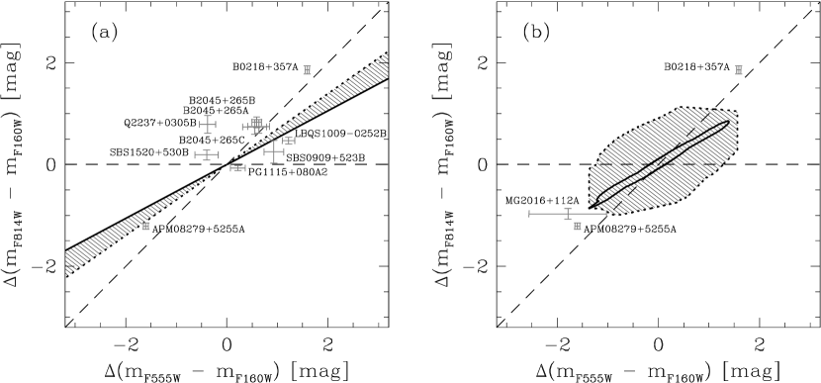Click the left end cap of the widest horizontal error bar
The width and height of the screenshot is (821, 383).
click(529, 213)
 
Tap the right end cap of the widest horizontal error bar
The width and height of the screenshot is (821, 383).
click(606, 213)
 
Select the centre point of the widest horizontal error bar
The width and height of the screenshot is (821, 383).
click(568, 213)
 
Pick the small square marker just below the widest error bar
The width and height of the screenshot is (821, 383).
click(578, 227)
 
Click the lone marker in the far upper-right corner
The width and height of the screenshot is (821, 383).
click(739, 70)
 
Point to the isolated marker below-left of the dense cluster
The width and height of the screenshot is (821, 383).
click(145, 227)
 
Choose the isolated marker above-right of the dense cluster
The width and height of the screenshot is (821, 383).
click(307, 70)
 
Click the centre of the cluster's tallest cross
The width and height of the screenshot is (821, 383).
click(274, 151)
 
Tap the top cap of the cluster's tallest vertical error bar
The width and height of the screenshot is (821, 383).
click(274, 141)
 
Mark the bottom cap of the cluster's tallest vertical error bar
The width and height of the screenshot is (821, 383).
click(274, 163)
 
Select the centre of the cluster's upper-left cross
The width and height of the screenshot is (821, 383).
click(208, 125)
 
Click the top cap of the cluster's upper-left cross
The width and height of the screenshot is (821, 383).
click(208, 116)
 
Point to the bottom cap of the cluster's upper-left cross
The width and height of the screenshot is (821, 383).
click(208, 134)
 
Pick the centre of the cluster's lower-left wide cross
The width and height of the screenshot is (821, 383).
click(207, 154)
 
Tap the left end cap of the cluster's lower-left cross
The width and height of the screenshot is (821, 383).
click(195, 154)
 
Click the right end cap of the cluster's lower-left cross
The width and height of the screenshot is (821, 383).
click(219, 154)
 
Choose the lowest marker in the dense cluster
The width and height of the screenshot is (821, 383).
click(237, 168)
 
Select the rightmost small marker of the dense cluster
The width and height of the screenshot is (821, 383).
click(289, 141)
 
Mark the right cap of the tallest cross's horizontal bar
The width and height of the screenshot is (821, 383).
click(284, 151)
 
